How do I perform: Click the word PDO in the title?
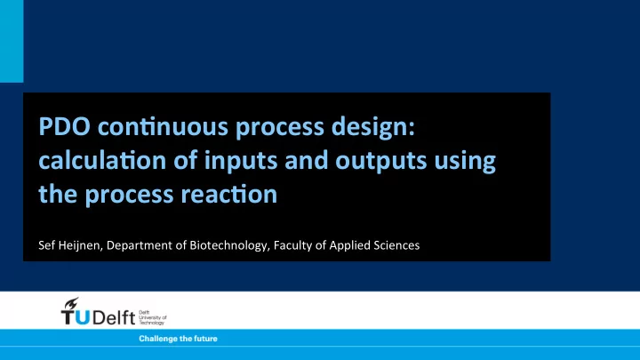65,126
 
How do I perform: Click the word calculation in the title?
102,160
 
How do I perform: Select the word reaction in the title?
229,195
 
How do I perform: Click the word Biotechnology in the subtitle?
229,245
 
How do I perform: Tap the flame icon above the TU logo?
71,303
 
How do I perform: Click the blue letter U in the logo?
83,317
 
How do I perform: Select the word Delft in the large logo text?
114,317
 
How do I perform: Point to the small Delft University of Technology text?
153,317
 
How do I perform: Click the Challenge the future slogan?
178,339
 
